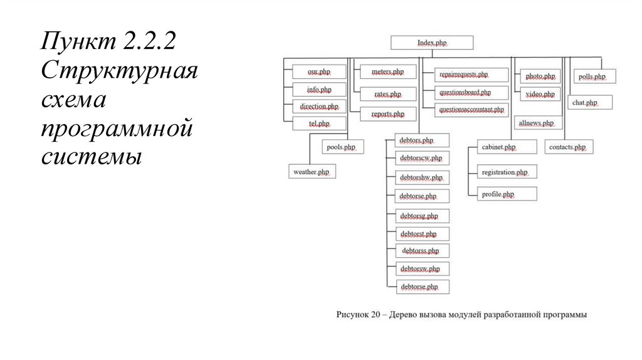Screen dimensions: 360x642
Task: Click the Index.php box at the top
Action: coord(432,43)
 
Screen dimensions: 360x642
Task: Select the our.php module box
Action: coord(319,73)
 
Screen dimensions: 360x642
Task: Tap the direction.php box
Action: coord(319,107)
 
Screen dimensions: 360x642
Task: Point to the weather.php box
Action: coord(312,171)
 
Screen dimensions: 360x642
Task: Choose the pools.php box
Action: coord(342,147)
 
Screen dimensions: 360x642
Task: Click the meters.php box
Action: coord(387,73)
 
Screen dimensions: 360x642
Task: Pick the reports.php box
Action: coord(387,114)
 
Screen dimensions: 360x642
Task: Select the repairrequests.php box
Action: coord(464,75)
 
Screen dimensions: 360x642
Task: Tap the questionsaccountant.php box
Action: coord(471,110)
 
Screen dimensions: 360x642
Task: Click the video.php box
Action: coord(540,94)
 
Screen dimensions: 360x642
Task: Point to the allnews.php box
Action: coord(536,123)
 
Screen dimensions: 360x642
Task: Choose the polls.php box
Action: coord(592,77)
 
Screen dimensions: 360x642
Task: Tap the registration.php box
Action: coord(505,172)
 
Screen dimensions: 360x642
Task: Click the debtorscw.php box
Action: coord(421,158)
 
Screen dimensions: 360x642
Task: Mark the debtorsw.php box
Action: coord(420,269)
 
